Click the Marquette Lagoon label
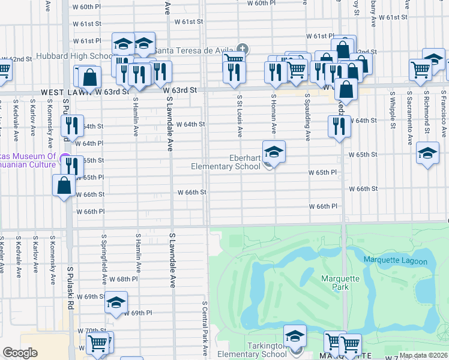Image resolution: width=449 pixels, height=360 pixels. tap(395, 261)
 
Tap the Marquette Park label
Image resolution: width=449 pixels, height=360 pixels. tap(340, 283)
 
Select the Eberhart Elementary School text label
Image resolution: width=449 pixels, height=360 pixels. tap(225, 162)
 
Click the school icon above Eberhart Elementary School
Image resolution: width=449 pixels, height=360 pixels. tap(273, 153)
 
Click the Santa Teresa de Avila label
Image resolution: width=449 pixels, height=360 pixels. tap(195, 50)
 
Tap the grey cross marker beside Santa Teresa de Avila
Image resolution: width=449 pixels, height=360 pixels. tap(243, 49)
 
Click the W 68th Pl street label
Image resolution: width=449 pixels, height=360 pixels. tap(124, 280)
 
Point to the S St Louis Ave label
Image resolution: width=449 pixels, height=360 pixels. tap(240, 114)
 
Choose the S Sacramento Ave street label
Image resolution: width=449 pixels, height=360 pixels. tap(410, 118)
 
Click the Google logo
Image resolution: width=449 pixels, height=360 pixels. tap(20, 353)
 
